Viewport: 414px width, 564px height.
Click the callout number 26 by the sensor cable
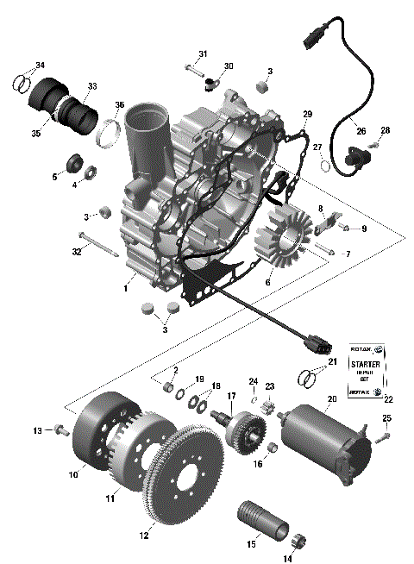pyautogui.click(x=361, y=131)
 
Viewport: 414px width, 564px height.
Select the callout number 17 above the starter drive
pyautogui.click(x=230, y=398)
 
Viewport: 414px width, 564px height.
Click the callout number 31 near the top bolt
pyautogui.click(x=203, y=54)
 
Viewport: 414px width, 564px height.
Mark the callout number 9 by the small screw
pyautogui.click(x=363, y=229)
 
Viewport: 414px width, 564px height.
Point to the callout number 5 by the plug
pyautogui.click(x=54, y=176)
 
